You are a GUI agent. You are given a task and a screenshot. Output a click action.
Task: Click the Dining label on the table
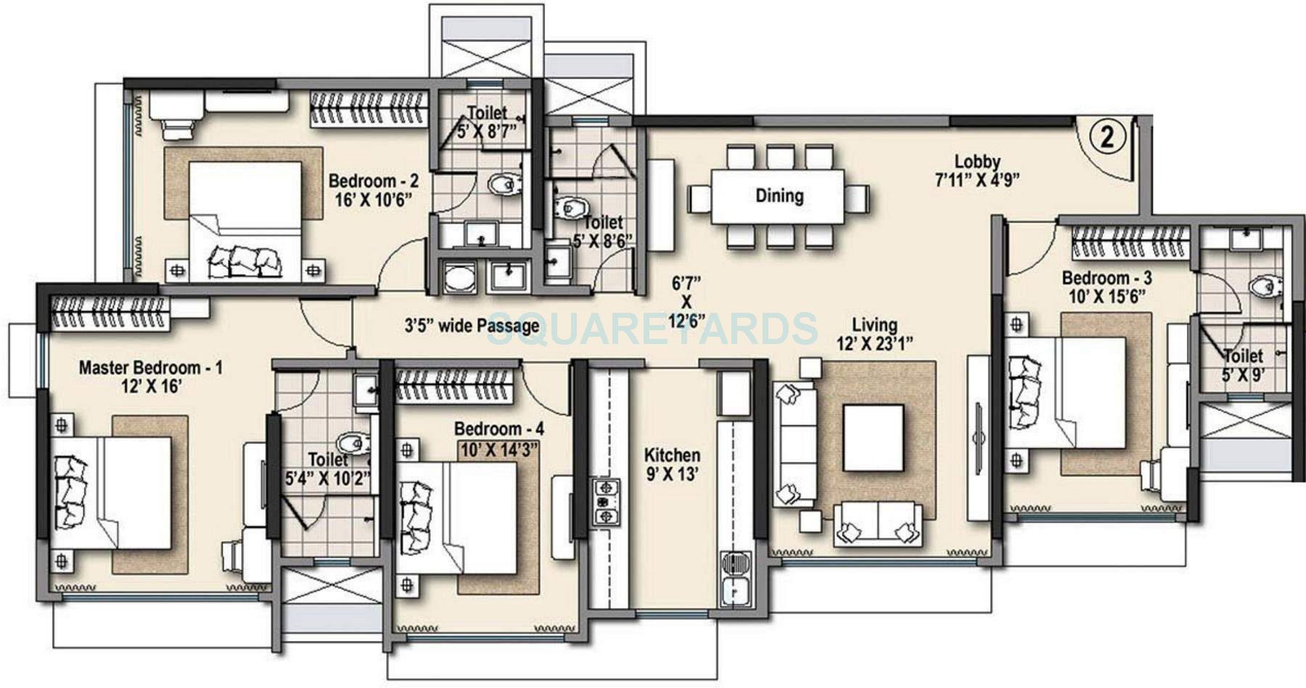pos(779,195)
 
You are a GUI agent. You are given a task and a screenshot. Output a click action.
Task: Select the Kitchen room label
pos(673,456)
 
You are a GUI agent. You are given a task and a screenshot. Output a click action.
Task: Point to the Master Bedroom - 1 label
pos(150,367)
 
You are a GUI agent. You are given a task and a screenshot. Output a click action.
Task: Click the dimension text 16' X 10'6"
pos(373,200)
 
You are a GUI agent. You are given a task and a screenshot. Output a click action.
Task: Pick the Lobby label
pos(977,162)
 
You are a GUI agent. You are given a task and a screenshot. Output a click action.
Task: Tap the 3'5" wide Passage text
pos(472,326)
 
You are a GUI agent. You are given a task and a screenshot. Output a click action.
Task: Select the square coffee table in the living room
pos(874,438)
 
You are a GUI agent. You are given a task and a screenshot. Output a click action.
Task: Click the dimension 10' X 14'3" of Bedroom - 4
pos(499,449)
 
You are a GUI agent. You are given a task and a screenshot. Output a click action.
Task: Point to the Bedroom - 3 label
pos(1106,278)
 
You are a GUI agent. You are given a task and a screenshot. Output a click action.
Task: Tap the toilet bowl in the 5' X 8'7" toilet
pos(501,184)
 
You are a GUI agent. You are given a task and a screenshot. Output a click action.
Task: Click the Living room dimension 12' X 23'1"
pos(874,344)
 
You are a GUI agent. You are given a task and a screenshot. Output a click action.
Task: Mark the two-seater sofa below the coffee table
pos(879,524)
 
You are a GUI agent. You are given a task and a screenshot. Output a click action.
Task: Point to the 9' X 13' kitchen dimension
pos(673,475)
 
